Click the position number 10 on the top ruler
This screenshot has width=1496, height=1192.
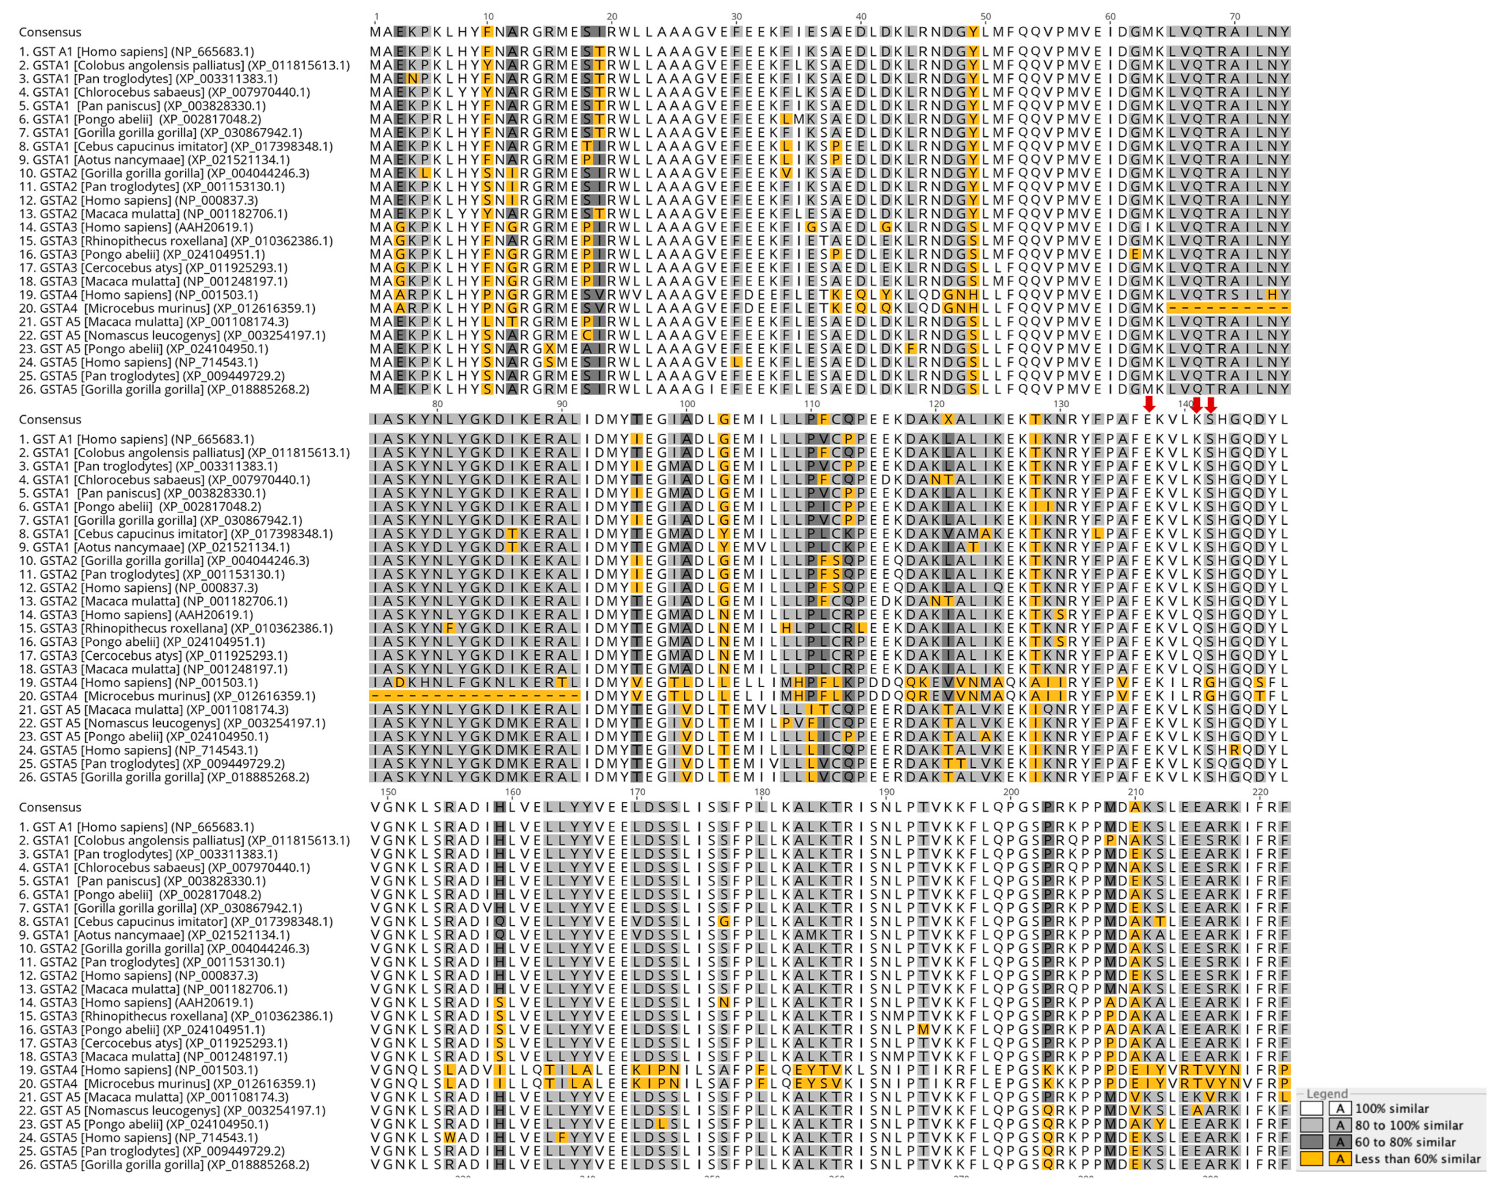489,16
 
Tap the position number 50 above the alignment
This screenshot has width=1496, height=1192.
985,16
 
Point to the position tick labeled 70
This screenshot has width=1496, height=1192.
1234,16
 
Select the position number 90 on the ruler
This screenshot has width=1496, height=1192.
562,404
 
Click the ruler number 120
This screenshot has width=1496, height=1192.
936,404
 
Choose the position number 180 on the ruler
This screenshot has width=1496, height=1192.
762,792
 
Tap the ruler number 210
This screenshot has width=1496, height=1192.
1135,792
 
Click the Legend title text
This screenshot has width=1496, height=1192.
1327,1094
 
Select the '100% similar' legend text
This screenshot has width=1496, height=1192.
1391,1109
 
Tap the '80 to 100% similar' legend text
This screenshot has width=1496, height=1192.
1409,1125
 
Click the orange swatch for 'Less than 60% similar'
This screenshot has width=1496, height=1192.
1311,1159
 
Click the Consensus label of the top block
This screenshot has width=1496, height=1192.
50,32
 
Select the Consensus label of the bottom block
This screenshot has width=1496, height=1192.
50,807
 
